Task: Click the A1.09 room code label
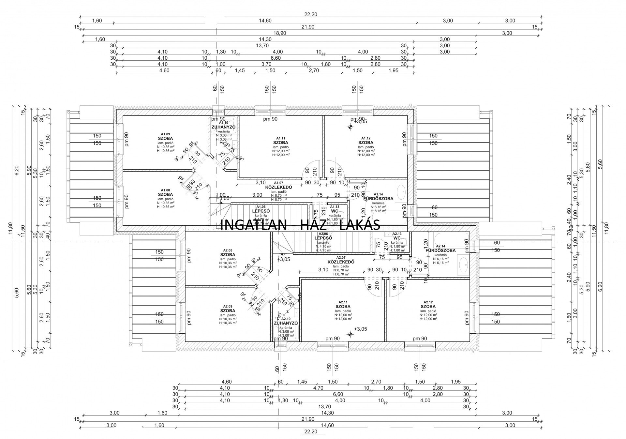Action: (x=165, y=134)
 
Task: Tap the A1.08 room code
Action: (x=165, y=190)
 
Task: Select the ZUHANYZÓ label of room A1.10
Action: (x=223, y=127)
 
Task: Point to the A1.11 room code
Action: (x=280, y=138)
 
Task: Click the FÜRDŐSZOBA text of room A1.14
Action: (x=378, y=199)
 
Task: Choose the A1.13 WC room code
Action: (x=335, y=207)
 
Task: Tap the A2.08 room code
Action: (x=228, y=250)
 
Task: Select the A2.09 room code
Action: (x=228, y=306)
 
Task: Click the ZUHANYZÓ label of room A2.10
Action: (x=286, y=323)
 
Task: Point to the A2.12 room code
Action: (x=428, y=302)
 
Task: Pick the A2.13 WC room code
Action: (x=397, y=234)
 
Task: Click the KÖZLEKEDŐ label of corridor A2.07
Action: (x=341, y=262)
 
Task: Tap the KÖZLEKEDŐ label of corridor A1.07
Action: (x=278, y=188)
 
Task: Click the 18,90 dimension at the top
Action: (x=280, y=33)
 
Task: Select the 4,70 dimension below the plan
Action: (x=318, y=388)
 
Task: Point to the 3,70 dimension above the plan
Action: (x=266, y=64)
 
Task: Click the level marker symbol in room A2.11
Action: (x=350, y=334)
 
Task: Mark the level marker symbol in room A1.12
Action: (x=350, y=127)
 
